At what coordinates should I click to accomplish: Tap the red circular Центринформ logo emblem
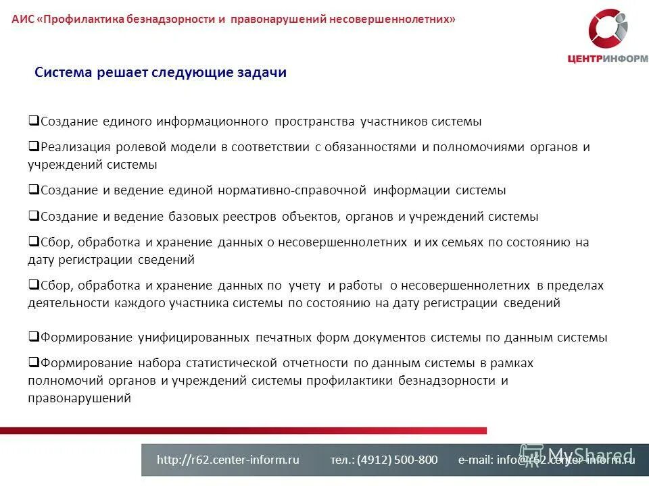(608, 30)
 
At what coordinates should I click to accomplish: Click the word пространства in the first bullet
(314, 122)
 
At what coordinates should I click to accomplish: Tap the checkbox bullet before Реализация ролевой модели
(33, 146)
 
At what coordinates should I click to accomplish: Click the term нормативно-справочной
(292, 190)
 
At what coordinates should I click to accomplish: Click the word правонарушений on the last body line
(79, 398)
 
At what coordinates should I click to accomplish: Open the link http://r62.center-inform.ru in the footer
(228, 460)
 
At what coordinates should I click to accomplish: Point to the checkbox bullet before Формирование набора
(33, 362)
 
